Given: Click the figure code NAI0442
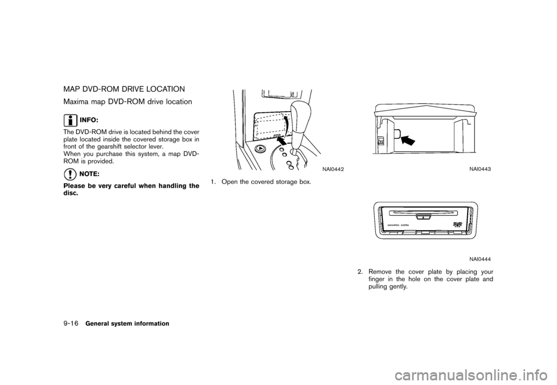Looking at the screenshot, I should pos(332,168).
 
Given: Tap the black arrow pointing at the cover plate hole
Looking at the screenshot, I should pos(408,140).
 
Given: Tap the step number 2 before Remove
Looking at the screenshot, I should pos(360,271).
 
